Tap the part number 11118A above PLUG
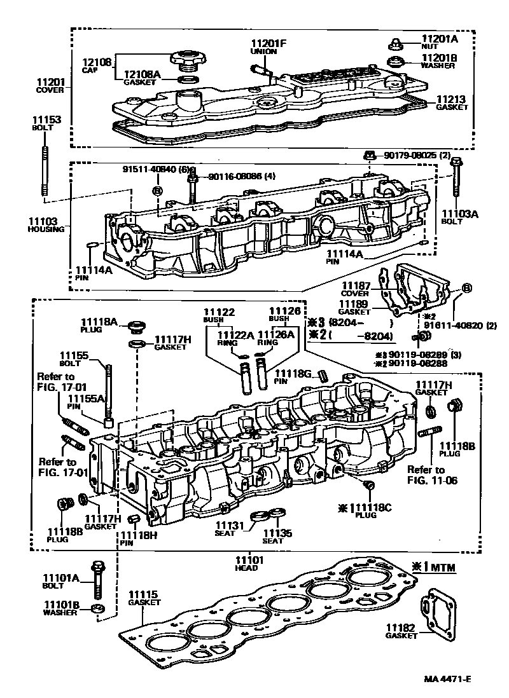pos(98,322)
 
